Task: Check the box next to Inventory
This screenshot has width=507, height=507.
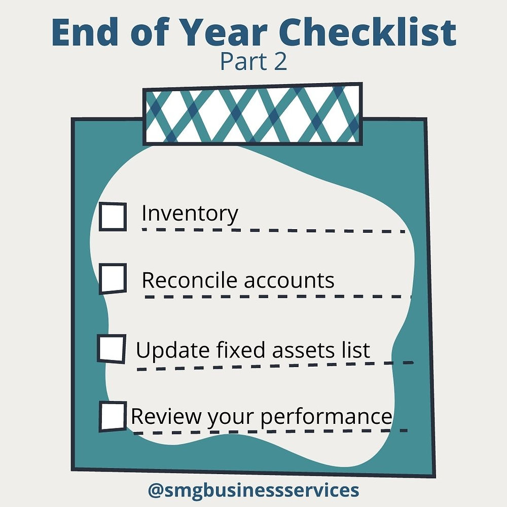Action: click(112, 216)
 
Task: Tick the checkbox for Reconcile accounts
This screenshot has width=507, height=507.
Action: click(112, 278)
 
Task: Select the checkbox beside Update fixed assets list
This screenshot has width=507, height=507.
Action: click(111, 349)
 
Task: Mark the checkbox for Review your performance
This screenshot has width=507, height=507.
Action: click(112, 416)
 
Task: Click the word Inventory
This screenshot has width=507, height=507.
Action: click(190, 214)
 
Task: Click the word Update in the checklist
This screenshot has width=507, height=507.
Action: click(166, 350)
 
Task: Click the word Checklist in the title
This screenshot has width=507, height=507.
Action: click(370, 32)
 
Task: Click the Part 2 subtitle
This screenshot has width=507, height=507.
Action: click(253, 61)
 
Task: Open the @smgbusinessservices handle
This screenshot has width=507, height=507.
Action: click(253, 490)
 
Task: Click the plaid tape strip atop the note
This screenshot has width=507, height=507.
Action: click(253, 114)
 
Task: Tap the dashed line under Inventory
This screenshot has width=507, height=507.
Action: click(274, 231)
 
